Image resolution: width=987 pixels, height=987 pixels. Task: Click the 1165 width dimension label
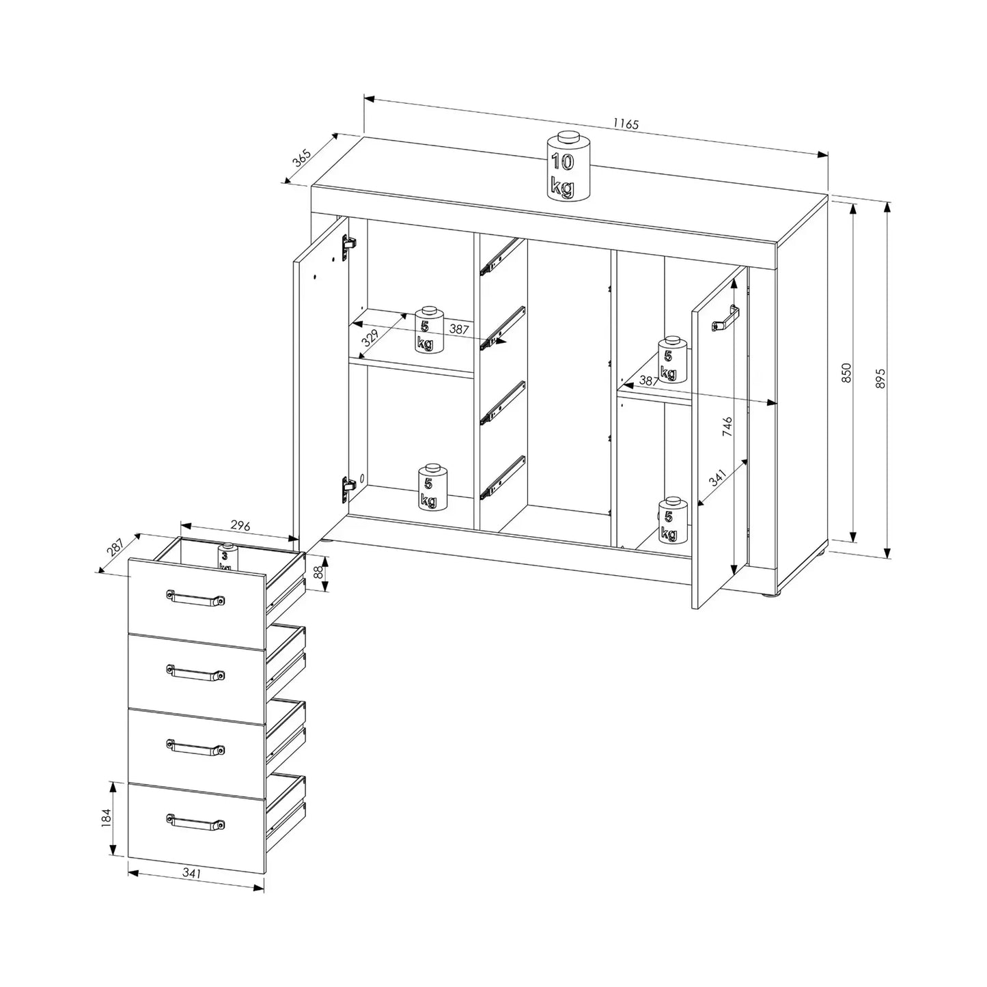(626, 124)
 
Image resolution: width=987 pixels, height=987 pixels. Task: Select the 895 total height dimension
(881, 378)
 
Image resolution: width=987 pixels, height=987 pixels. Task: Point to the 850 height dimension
(847, 373)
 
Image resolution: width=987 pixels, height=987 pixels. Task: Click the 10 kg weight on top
(568, 166)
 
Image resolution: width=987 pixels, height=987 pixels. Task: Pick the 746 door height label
(727, 426)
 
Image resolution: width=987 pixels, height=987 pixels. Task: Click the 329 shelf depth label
(370, 338)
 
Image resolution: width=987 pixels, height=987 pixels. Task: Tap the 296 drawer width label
(240, 525)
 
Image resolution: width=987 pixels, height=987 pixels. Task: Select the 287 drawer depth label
(115, 547)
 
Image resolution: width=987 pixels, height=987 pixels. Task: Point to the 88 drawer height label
(318, 572)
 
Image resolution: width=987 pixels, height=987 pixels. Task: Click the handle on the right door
(725, 319)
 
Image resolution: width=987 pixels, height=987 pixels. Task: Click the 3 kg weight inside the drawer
(227, 557)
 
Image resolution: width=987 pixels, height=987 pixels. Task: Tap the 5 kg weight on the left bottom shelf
(433, 486)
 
